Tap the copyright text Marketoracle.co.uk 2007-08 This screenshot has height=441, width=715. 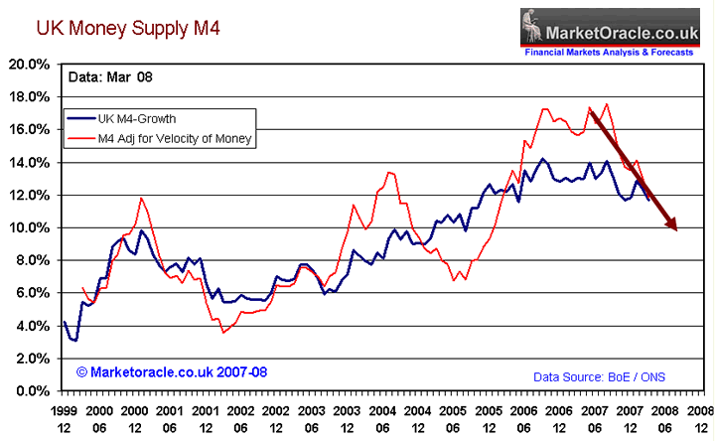pyautogui.click(x=171, y=371)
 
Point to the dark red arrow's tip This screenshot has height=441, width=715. pyautogui.click(x=677, y=230)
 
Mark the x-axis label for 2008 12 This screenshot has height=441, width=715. pyautogui.click(x=699, y=417)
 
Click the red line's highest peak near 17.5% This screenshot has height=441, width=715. pyautogui.click(x=607, y=104)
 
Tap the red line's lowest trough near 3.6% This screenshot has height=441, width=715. pyautogui.click(x=224, y=332)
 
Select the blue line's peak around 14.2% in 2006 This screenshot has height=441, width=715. pyautogui.click(x=542, y=158)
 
